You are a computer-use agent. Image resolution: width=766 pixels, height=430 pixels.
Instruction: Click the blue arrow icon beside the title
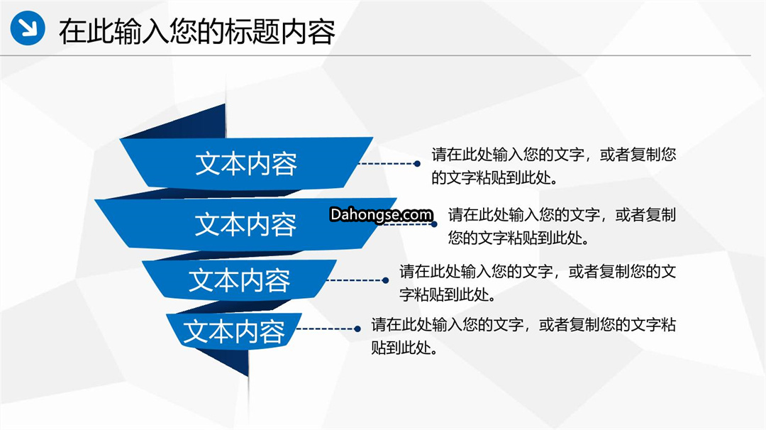(x=28, y=28)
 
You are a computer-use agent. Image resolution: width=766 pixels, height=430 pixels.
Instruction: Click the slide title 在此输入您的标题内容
(x=197, y=32)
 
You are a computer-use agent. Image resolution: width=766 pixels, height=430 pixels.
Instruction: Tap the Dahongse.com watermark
(x=381, y=214)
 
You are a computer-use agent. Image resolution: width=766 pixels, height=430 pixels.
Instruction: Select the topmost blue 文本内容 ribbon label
(x=246, y=164)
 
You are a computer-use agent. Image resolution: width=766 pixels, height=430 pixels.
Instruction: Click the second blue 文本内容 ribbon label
(x=245, y=224)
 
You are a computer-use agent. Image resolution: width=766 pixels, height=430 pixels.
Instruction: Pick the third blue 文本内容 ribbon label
(x=240, y=280)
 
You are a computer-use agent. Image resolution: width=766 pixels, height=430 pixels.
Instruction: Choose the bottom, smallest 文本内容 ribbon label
(x=234, y=331)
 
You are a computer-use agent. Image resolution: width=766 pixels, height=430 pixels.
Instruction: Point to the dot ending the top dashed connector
(x=417, y=164)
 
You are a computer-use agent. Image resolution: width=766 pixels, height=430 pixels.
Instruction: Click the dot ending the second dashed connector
(x=434, y=224)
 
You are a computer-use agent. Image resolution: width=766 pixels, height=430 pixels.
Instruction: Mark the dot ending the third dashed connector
(x=385, y=280)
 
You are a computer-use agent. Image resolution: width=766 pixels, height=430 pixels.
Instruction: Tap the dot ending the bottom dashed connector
(x=357, y=329)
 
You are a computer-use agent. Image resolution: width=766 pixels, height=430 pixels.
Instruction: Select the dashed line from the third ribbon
(x=355, y=280)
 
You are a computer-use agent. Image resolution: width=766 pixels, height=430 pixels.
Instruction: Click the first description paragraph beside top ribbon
(x=553, y=166)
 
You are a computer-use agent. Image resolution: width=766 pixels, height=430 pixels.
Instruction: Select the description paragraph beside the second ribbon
(x=562, y=226)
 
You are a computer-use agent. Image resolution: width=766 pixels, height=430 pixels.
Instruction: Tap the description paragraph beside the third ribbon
(x=538, y=283)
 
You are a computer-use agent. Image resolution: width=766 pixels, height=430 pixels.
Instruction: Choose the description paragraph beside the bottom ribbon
(x=523, y=336)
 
